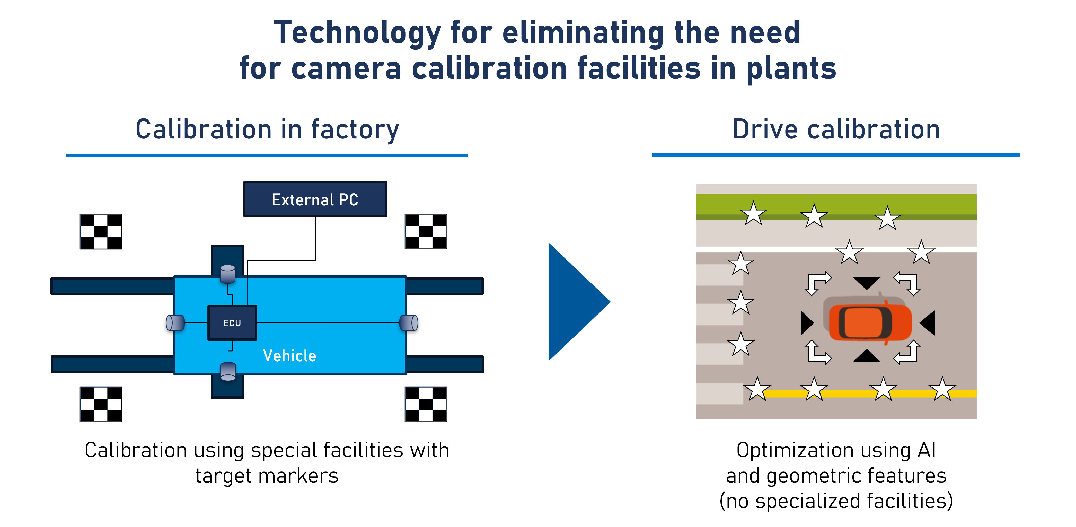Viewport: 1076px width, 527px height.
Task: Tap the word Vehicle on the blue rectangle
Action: point(289,356)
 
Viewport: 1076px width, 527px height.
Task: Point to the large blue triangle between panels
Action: point(576,302)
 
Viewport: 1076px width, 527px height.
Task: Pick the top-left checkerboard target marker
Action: point(101,232)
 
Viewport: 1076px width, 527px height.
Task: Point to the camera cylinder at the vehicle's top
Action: point(228,274)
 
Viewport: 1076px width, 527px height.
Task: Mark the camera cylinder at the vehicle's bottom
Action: point(228,371)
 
